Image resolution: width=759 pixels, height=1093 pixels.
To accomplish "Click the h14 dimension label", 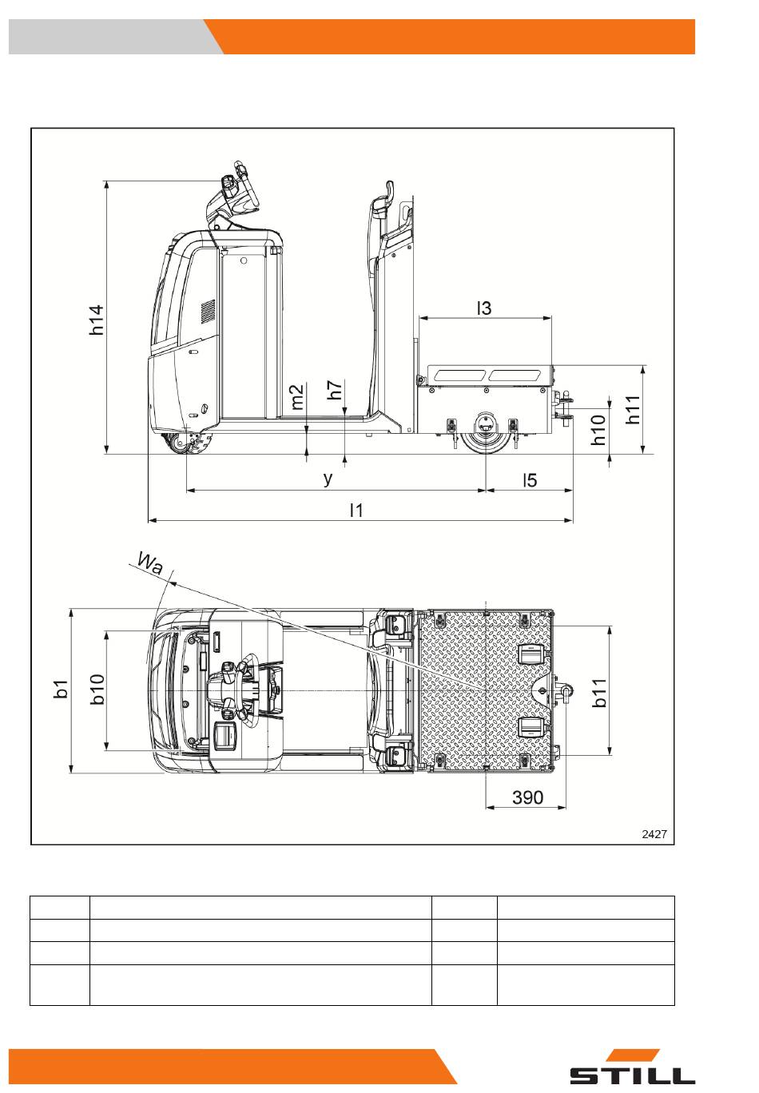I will point(97,320).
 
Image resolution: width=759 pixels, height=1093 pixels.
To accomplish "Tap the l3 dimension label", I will point(484,307).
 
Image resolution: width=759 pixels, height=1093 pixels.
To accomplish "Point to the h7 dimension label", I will point(336,390).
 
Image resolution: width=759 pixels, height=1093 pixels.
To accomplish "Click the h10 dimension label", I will point(598,430).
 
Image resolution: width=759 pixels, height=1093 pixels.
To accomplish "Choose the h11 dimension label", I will point(633,410).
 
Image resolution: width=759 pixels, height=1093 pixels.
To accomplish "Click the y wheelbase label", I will point(328,479).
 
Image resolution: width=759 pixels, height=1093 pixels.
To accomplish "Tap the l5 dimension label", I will point(530,479).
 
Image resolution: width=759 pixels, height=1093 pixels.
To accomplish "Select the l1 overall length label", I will point(356,510).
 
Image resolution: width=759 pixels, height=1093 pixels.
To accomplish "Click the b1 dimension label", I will point(62,690).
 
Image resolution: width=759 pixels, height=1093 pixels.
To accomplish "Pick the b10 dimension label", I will point(97,689).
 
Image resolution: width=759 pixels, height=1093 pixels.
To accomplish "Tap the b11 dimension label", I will point(599,692).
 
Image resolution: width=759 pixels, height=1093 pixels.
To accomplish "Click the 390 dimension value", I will point(527,797).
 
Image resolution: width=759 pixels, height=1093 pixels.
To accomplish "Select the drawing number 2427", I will point(654,834).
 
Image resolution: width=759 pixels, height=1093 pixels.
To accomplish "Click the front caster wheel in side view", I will point(193,445).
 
